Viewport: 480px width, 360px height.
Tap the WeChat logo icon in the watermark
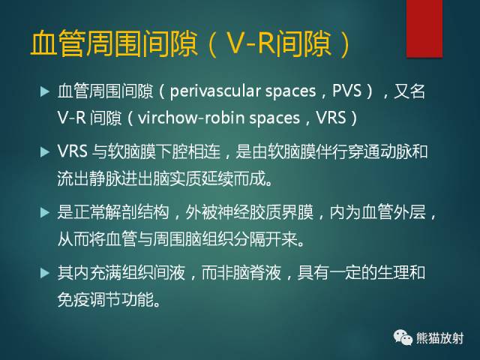pos(401,337)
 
